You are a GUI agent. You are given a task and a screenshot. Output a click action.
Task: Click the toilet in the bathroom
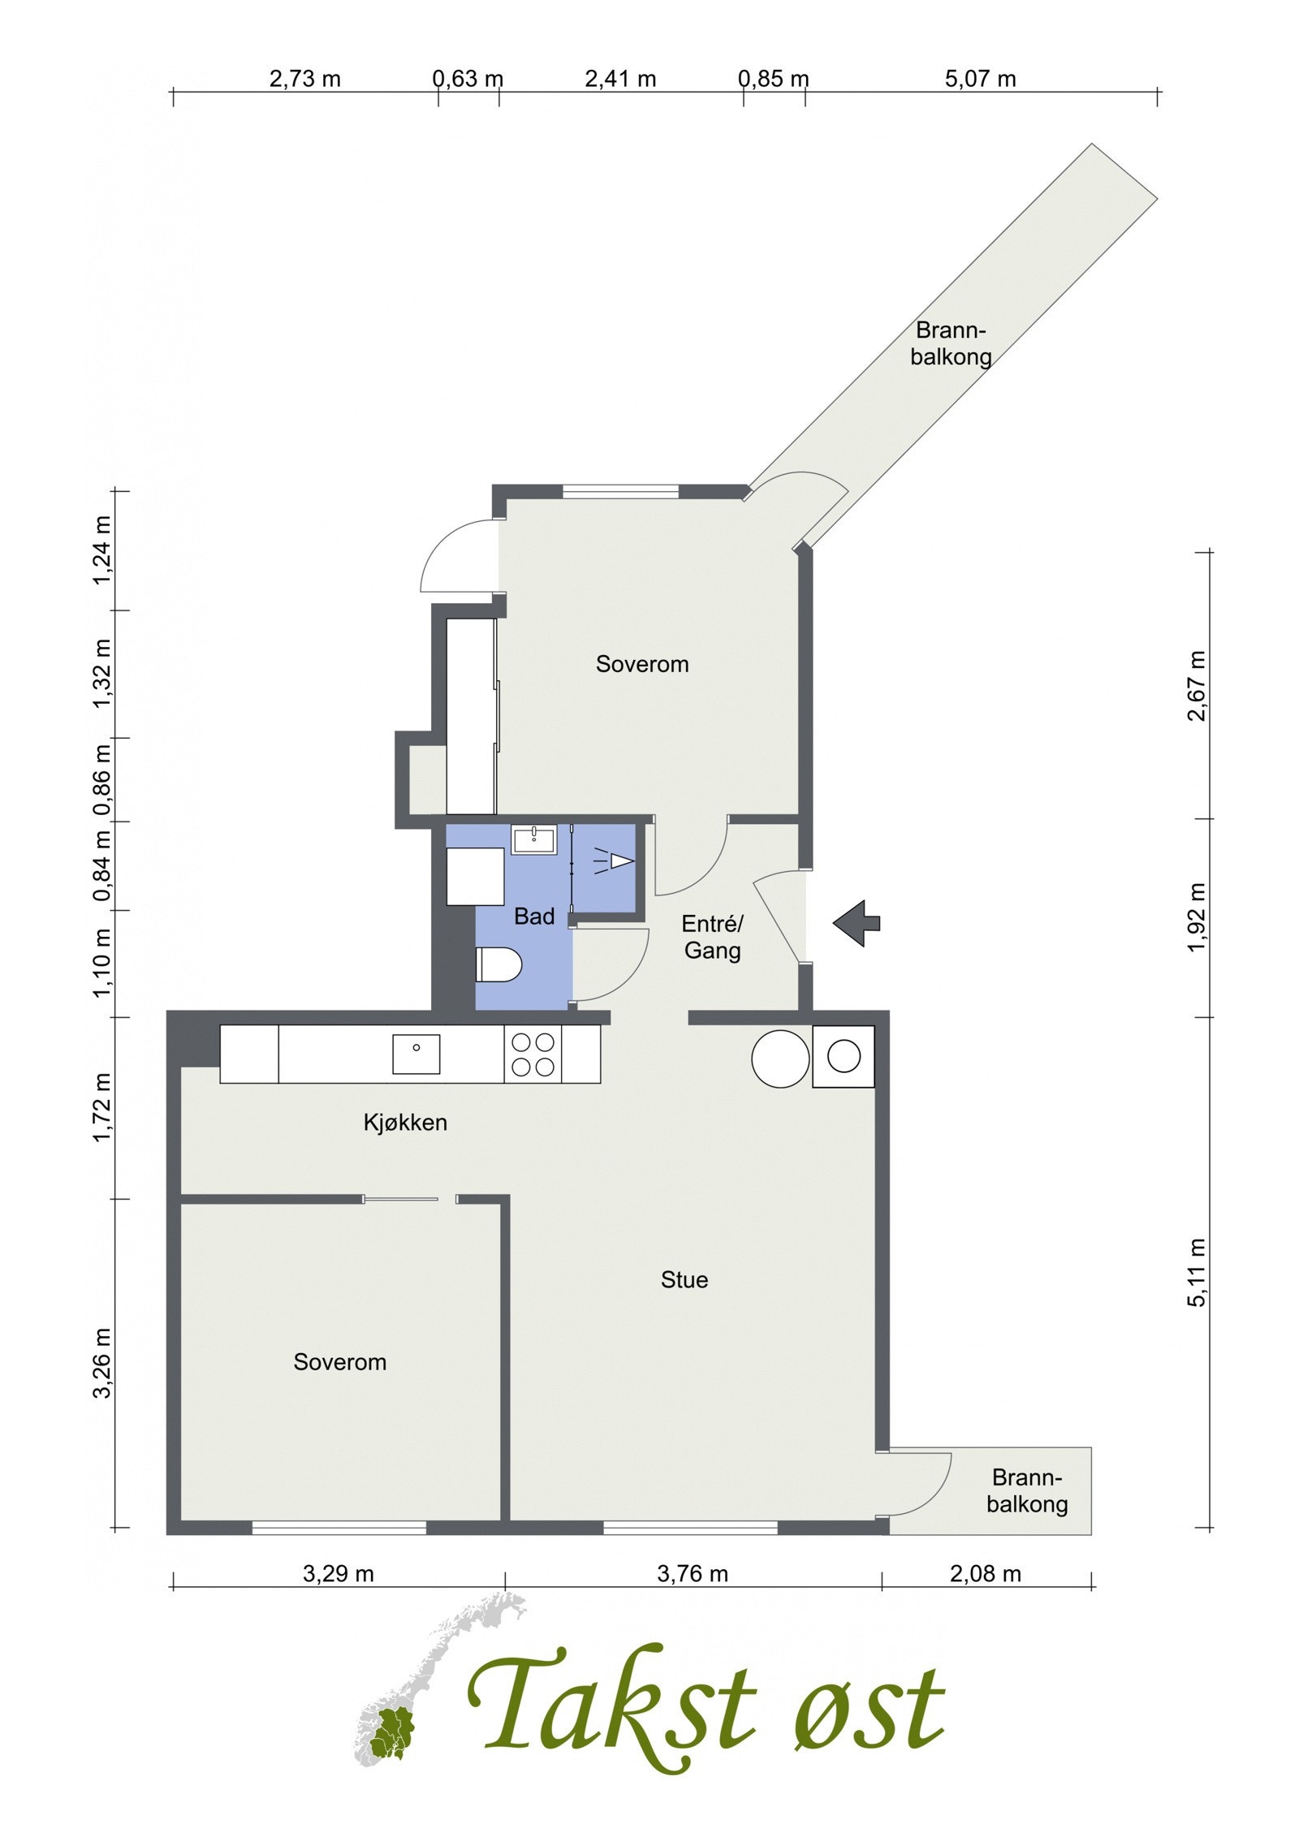(x=498, y=964)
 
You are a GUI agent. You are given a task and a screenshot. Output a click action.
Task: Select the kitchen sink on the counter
(x=416, y=1054)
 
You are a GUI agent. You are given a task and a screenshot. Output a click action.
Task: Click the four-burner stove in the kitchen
(x=533, y=1054)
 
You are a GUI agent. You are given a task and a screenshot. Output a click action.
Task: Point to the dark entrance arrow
(x=856, y=923)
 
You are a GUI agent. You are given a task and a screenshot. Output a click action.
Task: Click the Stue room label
(x=684, y=1279)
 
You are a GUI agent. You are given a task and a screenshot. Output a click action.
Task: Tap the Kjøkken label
(x=405, y=1123)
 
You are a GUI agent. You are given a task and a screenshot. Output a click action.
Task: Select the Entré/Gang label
(x=712, y=937)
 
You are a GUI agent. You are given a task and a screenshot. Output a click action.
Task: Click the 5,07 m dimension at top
(x=981, y=79)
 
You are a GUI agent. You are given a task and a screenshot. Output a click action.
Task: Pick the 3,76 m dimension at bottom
(x=692, y=1574)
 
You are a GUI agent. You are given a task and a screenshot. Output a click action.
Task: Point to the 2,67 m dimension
(x=1196, y=685)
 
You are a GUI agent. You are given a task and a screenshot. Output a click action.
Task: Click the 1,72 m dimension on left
(x=102, y=1107)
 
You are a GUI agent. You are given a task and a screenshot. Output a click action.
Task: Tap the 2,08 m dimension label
(x=985, y=1574)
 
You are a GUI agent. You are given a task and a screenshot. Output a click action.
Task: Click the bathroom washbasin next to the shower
(x=533, y=839)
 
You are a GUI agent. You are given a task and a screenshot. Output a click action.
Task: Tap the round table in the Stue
(x=780, y=1059)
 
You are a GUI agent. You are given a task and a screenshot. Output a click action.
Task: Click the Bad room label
(x=534, y=916)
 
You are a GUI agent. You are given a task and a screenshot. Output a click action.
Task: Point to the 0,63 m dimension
(x=468, y=79)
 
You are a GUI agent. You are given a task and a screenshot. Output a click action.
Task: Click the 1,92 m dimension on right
(x=1196, y=917)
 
